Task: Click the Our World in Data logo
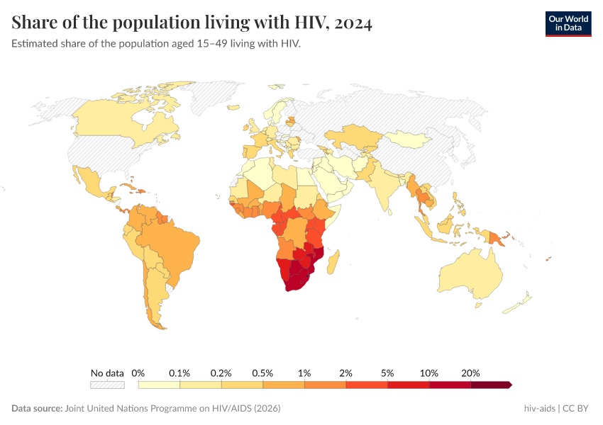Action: [568, 23]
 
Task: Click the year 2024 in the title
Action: [351, 23]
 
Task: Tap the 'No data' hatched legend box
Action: [107, 385]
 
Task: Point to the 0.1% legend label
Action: [179, 373]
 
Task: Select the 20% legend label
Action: [470, 373]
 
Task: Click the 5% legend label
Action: [387, 373]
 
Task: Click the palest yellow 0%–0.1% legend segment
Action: [159, 385]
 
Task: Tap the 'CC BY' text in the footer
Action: [577, 409]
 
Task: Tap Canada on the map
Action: [121, 120]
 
